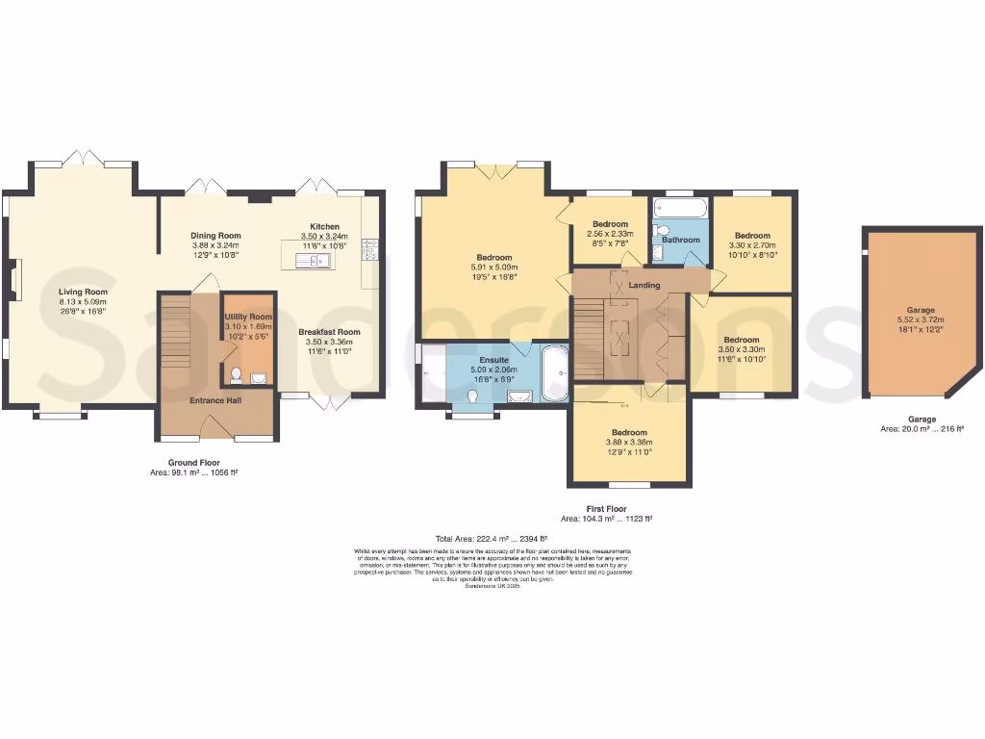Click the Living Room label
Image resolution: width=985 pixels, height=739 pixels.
83,291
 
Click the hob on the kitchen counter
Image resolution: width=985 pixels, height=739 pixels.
370,250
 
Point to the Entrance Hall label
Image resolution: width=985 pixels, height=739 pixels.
214,400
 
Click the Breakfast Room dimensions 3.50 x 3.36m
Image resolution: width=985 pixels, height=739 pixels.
329,342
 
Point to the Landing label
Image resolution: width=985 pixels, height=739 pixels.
644,285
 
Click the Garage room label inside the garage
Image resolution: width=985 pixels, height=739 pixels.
921,310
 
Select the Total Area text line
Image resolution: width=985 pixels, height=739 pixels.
492,539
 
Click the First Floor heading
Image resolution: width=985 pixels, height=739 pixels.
606,508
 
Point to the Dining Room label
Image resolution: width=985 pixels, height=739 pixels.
215,235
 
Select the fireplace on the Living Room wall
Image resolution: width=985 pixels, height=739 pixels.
13,281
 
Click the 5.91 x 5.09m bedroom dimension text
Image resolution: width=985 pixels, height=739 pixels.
492,268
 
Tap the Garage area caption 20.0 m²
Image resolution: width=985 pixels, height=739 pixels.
922,429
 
